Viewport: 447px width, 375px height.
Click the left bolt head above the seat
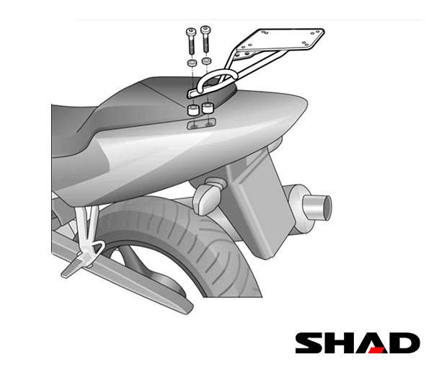point(191,31)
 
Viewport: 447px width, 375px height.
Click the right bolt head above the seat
point(205,29)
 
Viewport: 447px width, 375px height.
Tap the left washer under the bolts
point(192,63)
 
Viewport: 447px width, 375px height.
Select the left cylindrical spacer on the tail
point(192,110)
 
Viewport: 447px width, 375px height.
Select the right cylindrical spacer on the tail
point(207,107)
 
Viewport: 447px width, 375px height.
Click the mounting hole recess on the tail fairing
point(201,124)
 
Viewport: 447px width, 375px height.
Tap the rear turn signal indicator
point(207,198)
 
